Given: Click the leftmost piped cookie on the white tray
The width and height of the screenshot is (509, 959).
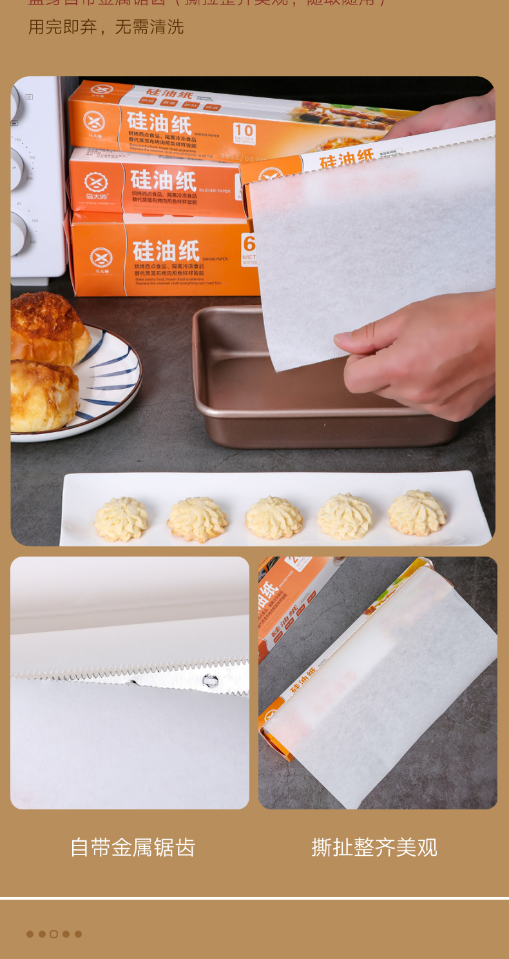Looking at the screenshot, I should click(x=121, y=519).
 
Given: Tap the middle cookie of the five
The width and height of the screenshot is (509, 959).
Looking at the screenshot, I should click(x=274, y=517).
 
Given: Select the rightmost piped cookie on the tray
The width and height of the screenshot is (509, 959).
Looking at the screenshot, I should click(x=417, y=513).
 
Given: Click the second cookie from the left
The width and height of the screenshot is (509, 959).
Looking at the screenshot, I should click(x=197, y=519).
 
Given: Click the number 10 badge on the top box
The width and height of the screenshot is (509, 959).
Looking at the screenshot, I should click(x=244, y=133).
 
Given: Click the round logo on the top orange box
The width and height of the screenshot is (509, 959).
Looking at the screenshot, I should click(x=94, y=121).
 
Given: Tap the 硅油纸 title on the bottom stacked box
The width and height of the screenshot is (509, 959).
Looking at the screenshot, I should click(x=166, y=250).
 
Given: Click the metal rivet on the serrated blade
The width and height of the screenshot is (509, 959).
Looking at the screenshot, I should click(x=209, y=679).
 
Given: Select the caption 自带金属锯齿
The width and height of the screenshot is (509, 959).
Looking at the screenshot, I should click(x=132, y=847).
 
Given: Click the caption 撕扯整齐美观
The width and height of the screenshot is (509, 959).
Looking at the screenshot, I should click(x=374, y=847).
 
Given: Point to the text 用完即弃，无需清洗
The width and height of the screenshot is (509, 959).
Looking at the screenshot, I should click(x=106, y=27).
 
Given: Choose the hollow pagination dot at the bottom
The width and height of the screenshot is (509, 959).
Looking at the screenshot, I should click(x=54, y=934).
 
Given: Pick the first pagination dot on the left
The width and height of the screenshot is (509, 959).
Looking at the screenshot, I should click(x=30, y=934).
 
